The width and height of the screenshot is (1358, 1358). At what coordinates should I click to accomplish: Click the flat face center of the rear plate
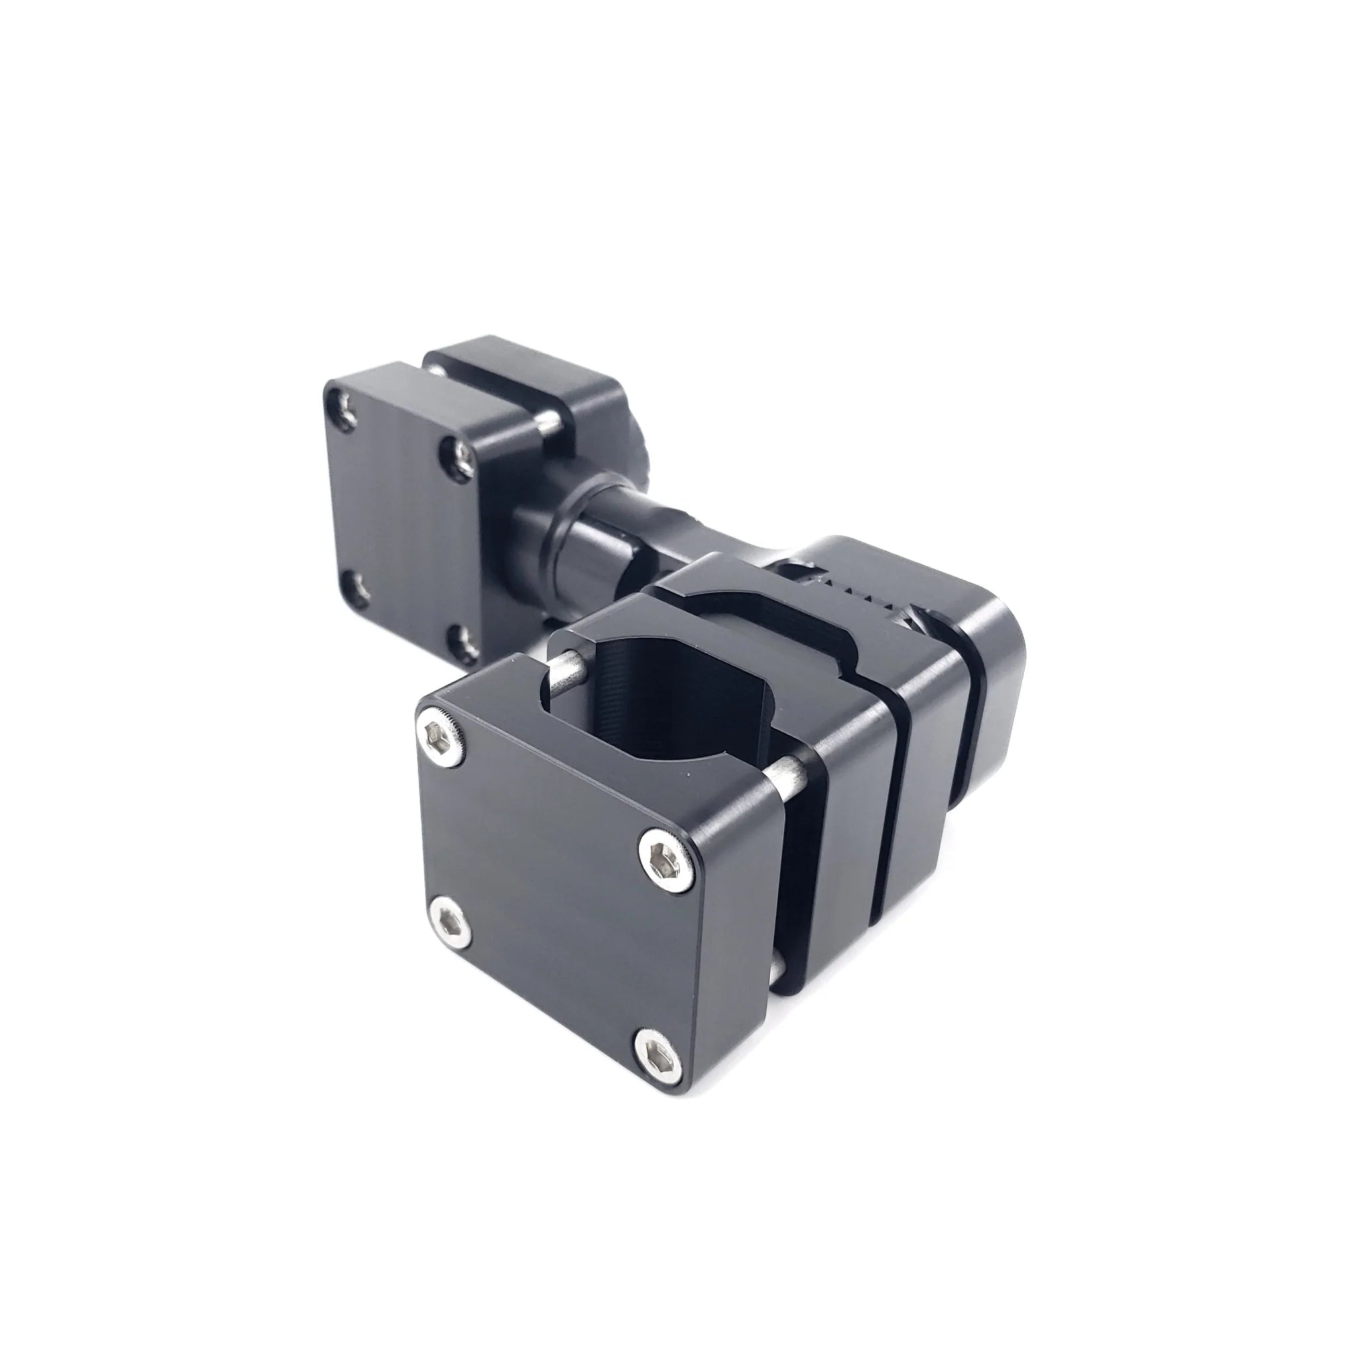click(x=404, y=517)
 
